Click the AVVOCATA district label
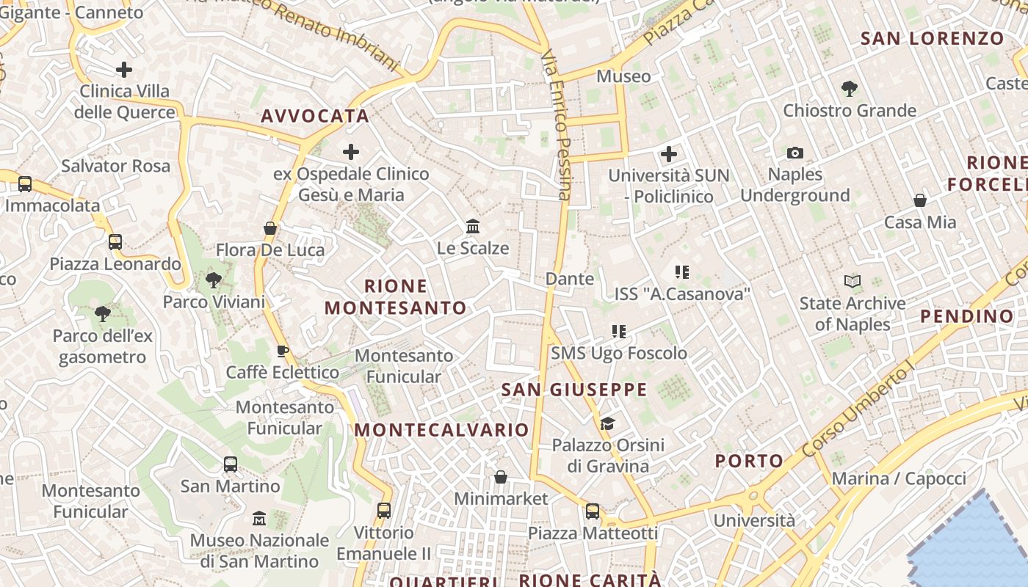pyautogui.click(x=314, y=116)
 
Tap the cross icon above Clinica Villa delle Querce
pyautogui.click(x=124, y=70)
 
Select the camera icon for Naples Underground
pyautogui.click(x=794, y=153)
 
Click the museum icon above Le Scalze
pyautogui.click(x=473, y=226)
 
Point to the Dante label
pyautogui.click(x=570, y=279)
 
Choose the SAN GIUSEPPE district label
pyautogui.click(x=574, y=390)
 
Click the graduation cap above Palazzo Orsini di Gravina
pyautogui.click(x=607, y=423)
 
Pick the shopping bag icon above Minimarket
pyautogui.click(x=501, y=477)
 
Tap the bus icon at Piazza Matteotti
pyautogui.click(x=593, y=511)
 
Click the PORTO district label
pyautogui.click(x=749, y=461)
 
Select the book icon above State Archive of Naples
pyautogui.click(x=853, y=281)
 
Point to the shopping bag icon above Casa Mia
pyautogui.click(x=919, y=200)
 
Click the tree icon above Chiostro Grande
pyautogui.click(x=850, y=89)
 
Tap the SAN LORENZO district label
pyautogui.click(x=932, y=38)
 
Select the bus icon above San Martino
pyautogui.click(x=231, y=464)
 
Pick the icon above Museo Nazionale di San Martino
pyautogui.click(x=258, y=518)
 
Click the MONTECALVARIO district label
pyautogui.click(x=441, y=430)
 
